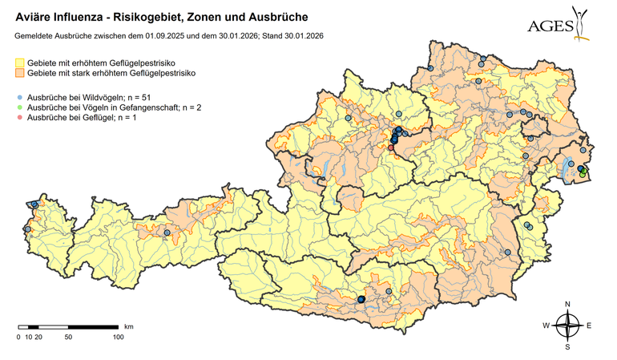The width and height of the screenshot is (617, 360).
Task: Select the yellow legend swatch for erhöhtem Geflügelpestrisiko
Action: click(19, 62)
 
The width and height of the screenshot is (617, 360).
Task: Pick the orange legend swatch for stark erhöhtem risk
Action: click(19, 73)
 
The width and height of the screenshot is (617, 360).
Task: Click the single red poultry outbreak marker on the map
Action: click(391, 148)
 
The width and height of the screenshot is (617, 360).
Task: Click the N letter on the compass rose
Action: click(567, 304)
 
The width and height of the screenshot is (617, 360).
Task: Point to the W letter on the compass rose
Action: click(546, 326)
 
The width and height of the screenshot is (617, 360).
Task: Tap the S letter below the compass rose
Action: click(567, 347)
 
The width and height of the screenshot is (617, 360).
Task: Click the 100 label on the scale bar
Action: click(118, 337)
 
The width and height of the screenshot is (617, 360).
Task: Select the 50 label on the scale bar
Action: click(68, 337)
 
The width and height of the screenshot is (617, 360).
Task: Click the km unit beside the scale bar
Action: click(128, 327)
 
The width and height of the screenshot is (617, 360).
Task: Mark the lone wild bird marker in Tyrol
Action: click(167, 233)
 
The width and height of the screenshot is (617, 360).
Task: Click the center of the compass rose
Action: click(567, 325)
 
